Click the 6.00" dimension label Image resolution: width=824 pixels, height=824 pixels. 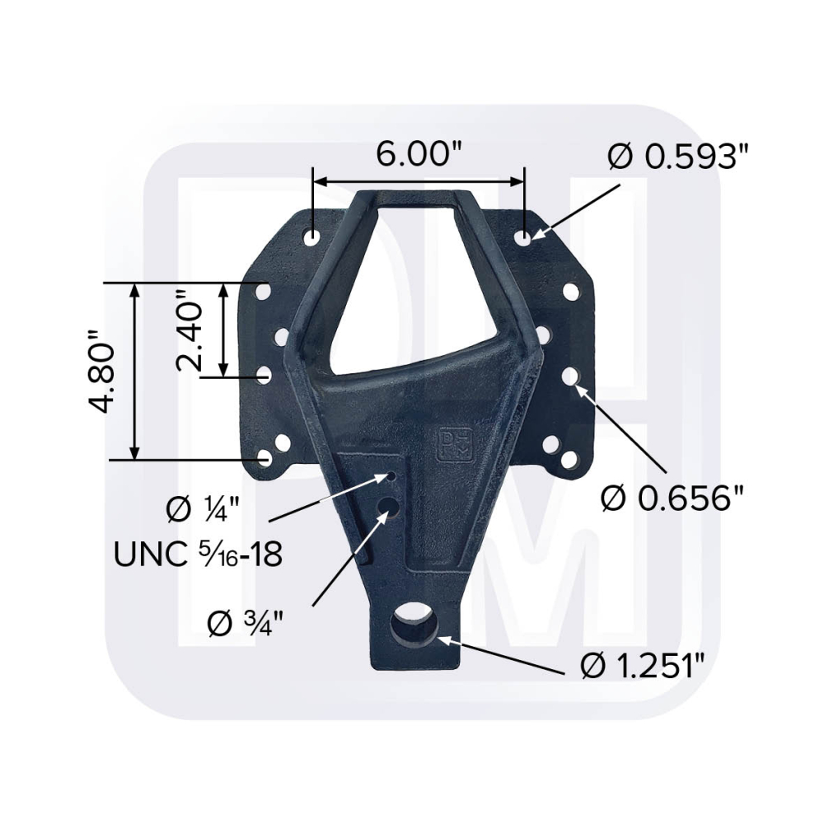point(419,153)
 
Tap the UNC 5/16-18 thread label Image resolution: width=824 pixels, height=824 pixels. point(198,553)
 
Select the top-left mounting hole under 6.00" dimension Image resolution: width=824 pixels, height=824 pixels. point(312,236)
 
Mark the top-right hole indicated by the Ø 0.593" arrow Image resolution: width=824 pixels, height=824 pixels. point(524,236)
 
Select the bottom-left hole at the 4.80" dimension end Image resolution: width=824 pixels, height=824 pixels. point(265,457)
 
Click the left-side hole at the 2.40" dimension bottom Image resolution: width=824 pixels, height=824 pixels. point(265,375)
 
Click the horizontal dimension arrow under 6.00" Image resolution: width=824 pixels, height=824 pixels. point(419,181)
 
